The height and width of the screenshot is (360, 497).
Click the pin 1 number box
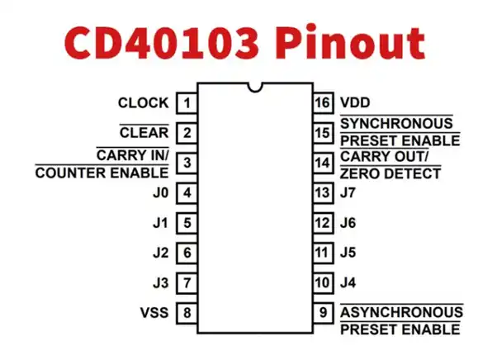(188, 103)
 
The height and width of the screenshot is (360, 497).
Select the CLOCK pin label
(143, 103)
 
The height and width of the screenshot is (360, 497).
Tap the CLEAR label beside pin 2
(144, 132)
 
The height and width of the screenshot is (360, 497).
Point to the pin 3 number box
(188, 163)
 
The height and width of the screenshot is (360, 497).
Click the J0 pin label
(160, 193)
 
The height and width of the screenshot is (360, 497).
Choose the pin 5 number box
(188, 222)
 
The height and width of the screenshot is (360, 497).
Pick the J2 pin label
(160, 253)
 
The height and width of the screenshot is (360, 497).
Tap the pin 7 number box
(188, 283)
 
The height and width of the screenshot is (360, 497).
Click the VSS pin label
(154, 313)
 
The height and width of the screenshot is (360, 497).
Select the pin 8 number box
(188, 313)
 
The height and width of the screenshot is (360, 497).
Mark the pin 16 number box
(323, 103)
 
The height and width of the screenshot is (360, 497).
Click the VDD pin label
(355, 103)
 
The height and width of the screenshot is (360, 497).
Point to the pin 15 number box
(323, 132)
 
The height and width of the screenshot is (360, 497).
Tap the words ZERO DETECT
(390, 173)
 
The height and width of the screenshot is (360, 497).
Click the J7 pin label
(348, 193)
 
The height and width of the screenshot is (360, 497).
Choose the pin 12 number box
(323, 222)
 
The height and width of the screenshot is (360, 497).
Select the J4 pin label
(348, 283)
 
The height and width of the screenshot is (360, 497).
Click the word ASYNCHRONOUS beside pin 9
(401, 313)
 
